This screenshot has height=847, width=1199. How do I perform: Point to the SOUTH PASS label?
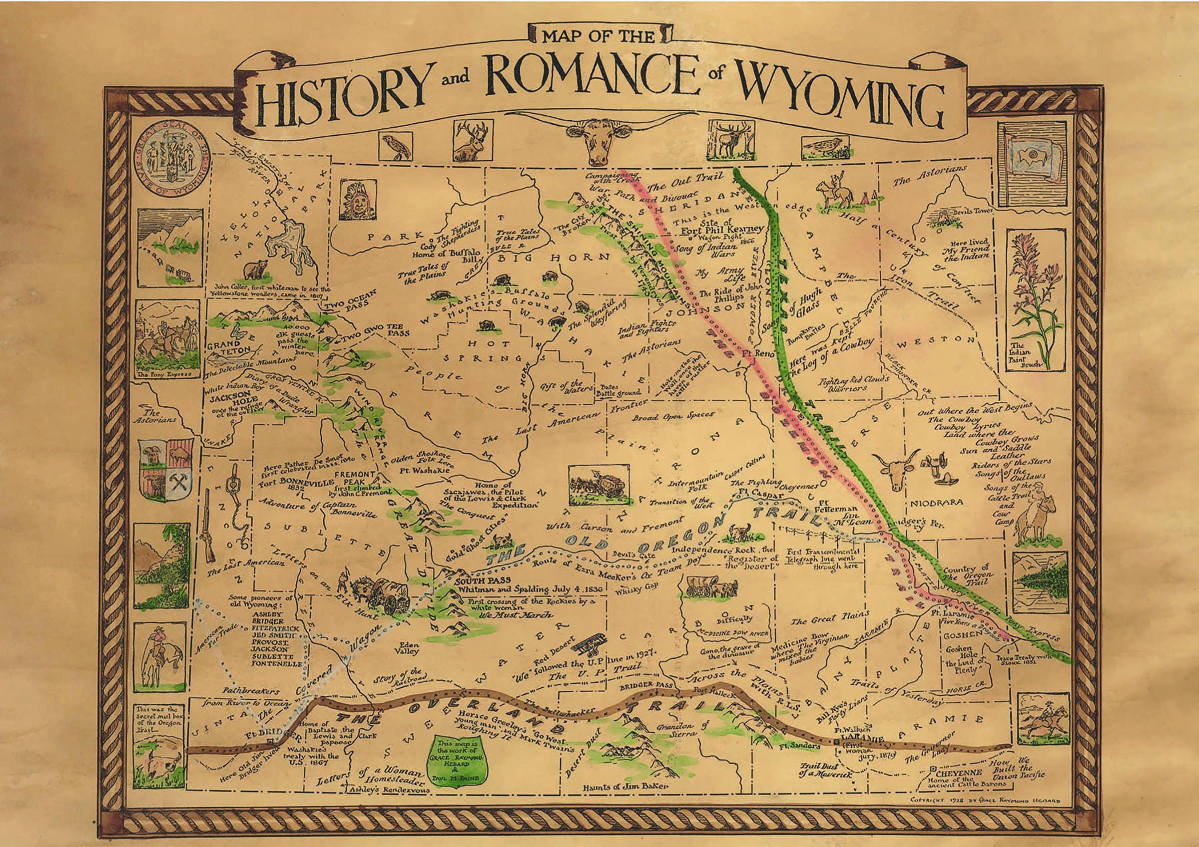[484, 580]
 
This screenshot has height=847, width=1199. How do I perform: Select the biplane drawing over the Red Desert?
[589, 645]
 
